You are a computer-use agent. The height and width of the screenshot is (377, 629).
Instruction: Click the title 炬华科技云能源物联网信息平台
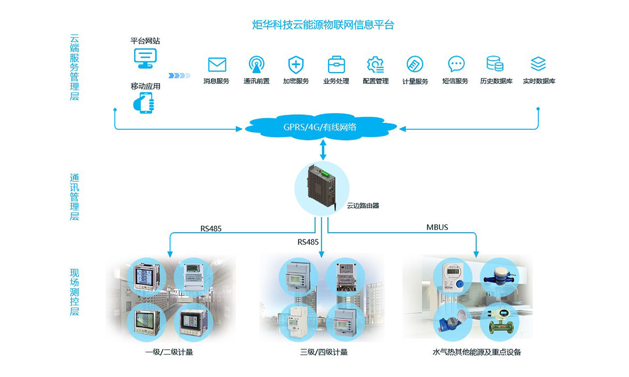coord(323,25)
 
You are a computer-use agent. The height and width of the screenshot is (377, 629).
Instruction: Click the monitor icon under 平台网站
coord(145,58)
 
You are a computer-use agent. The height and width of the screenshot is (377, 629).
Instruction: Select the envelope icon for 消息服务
coord(217,65)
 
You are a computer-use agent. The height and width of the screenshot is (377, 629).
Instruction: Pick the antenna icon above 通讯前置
coord(257,65)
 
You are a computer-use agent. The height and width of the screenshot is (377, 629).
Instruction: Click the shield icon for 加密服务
coord(296,65)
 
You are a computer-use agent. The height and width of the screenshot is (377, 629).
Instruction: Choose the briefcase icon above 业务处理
coord(336,65)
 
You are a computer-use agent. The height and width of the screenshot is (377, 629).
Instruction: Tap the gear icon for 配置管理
coord(375,65)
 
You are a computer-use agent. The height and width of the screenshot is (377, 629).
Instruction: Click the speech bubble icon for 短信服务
coord(455,64)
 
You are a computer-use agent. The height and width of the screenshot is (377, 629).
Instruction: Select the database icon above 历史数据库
coord(495,64)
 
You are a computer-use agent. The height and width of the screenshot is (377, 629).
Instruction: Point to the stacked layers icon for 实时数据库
coord(538,64)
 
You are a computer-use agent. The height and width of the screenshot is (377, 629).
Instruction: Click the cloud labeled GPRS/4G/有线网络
coord(321,127)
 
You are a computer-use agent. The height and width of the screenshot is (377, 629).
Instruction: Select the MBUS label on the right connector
coord(437,227)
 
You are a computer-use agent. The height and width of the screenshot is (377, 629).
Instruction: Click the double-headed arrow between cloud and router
coord(323,150)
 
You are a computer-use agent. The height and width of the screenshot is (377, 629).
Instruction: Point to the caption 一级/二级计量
coord(169,352)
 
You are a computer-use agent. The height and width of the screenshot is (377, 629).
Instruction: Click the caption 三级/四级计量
coord(324,352)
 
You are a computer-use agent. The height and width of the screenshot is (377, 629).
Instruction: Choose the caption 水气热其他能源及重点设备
coord(476,352)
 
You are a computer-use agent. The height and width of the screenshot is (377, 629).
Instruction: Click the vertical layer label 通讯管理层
coord(75,197)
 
